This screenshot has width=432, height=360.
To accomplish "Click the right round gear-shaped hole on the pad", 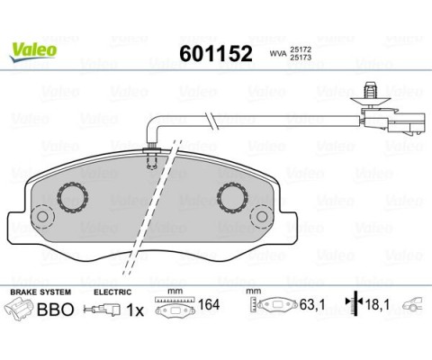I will click(235, 195).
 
